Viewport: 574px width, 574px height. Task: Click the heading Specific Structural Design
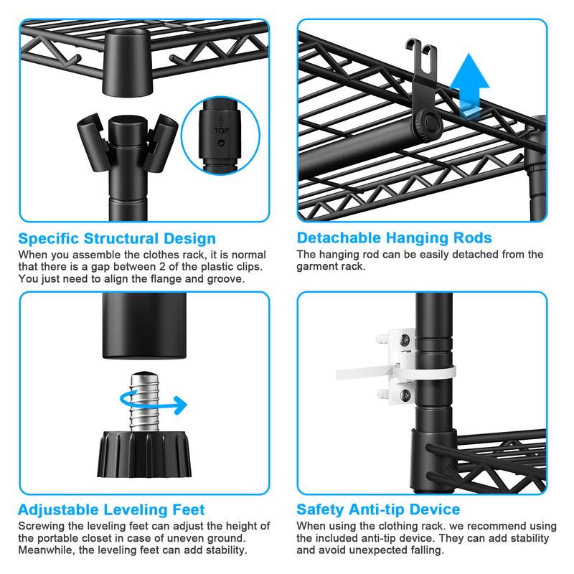(117, 238)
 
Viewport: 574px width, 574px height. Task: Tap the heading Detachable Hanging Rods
(394, 238)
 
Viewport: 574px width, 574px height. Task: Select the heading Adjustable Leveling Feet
(111, 509)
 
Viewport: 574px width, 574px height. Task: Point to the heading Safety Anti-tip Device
(378, 509)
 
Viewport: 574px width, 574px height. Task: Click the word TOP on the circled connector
(221, 131)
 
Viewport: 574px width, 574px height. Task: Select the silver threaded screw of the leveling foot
(145, 401)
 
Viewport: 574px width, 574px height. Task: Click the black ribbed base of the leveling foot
(144, 454)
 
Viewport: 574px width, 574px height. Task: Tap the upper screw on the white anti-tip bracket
(405, 340)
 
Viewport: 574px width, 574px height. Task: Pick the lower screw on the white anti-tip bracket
(405, 395)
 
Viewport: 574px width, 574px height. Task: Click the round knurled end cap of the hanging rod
(428, 125)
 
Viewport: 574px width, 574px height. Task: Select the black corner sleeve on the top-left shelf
(128, 62)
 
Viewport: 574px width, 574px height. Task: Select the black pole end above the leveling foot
(144, 325)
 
